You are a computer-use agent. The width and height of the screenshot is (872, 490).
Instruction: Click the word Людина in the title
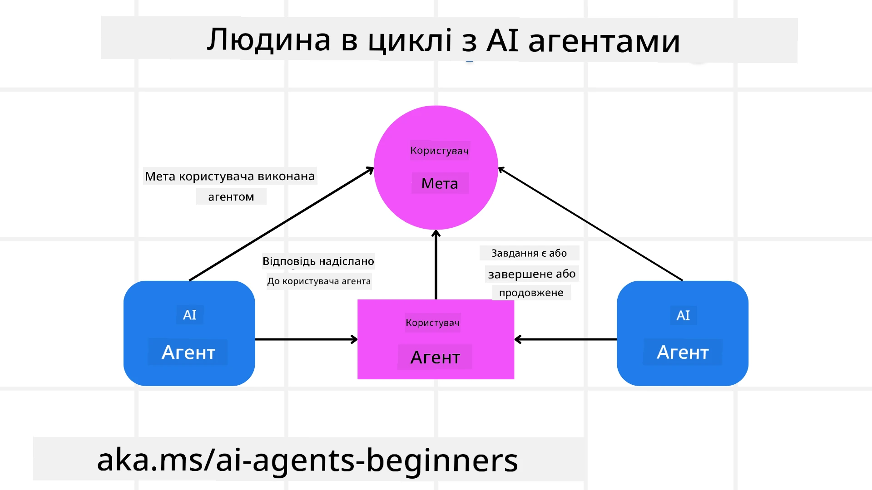click(268, 40)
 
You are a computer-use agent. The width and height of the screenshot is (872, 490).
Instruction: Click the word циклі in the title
click(410, 40)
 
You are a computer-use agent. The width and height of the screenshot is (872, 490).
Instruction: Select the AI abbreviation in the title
click(502, 40)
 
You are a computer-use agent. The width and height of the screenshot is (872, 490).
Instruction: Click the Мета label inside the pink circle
click(440, 183)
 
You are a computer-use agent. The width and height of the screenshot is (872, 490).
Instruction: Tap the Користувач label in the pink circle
click(439, 151)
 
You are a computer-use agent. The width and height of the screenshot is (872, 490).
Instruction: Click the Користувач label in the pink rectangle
click(432, 323)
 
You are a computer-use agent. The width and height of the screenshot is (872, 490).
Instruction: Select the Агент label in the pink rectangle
click(435, 357)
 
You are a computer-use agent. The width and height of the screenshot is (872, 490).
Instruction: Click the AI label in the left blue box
click(189, 315)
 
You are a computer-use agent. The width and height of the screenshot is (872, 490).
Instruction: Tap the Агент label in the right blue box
click(683, 352)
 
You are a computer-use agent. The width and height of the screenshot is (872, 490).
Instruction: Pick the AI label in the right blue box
click(683, 315)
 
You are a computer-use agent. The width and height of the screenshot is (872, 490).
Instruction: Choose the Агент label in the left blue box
click(188, 352)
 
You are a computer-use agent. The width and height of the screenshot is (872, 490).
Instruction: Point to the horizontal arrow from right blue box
click(565, 339)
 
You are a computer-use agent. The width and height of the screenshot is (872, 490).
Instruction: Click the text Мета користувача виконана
click(229, 176)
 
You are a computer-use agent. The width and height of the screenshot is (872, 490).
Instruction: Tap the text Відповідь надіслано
click(318, 261)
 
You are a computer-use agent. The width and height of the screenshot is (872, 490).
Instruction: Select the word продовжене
click(531, 293)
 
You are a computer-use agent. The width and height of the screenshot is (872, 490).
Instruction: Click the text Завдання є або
click(529, 253)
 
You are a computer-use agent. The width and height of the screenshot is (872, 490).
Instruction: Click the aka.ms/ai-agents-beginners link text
click(307, 460)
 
